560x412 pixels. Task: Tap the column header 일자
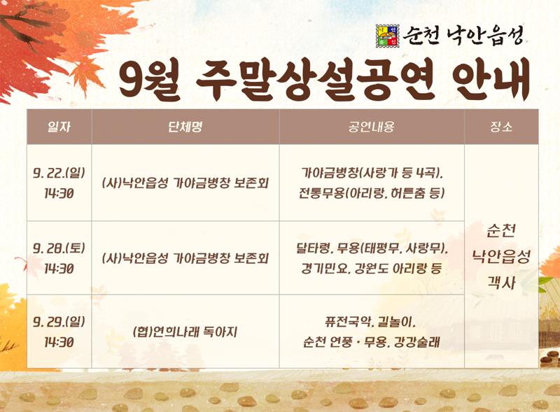59,127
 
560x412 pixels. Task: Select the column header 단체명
185,127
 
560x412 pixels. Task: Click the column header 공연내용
372,127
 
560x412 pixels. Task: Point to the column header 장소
501,127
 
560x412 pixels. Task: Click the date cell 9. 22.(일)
59,172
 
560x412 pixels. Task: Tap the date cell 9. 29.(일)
59,322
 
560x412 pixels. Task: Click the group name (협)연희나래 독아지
185,332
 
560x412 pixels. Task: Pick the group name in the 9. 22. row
185,183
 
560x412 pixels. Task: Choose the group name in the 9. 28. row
185,258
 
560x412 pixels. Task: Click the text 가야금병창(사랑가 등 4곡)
372,172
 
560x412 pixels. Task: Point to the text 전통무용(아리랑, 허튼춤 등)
372,193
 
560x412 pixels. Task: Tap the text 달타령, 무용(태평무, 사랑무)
372,248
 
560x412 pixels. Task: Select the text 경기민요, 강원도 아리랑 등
372,269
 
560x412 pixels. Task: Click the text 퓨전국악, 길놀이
372,322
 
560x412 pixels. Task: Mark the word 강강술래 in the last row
420,342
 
